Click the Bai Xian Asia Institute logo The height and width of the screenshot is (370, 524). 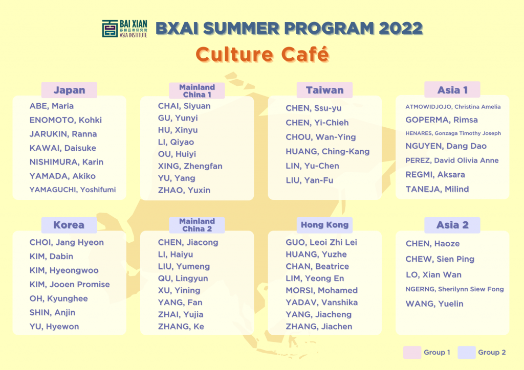click(125, 28)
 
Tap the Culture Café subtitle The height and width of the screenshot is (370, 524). click(263, 54)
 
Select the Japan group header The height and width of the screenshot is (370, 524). click(69, 90)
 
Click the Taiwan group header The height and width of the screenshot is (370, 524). click(324, 90)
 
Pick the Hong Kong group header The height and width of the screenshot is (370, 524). click(324, 225)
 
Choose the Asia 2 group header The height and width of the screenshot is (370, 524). click(452, 225)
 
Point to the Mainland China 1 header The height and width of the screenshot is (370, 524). click(197, 91)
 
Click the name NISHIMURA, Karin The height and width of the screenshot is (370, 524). click(67, 162)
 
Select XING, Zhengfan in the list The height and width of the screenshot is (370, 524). click(190, 166)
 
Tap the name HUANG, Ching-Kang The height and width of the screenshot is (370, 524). click(327, 151)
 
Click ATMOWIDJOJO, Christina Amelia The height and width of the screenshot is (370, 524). click(453, 107)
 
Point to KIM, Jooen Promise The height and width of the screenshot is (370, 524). click(70, 284)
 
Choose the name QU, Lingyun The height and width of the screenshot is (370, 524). click(183, 278)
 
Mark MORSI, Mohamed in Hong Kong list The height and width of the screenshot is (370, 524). click(321, 290)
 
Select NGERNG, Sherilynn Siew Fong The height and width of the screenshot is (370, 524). click(454, 289)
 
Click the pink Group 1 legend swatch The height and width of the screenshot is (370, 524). click(412, 352)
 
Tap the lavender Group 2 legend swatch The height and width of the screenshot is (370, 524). click(467, 352)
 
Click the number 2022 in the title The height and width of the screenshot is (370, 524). click(401, 28)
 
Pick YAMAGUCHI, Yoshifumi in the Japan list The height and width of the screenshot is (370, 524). click(73, 190)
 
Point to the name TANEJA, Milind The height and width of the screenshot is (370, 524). click(437, 189)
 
